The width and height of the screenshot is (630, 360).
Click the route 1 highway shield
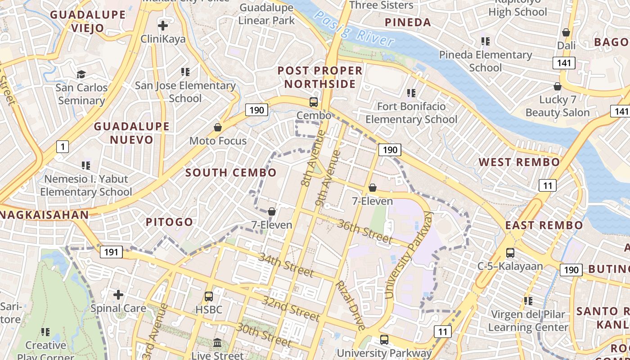point(63,146)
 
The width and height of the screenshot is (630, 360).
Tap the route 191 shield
point(111,252)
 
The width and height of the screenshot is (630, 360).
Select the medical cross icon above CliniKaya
point(163,25)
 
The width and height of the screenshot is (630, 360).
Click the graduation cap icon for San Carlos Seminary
point(81,74)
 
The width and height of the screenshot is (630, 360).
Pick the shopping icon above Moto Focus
point(218,127)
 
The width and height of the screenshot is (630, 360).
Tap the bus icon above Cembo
point(314,102)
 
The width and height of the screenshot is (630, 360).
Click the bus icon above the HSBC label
point(208,297)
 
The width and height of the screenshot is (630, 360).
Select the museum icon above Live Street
point(217,343)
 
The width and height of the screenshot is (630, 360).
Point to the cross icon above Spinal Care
point(118,295)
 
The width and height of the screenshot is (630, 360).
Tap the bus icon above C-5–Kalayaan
point(510,253)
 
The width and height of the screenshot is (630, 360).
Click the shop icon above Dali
point(566,32)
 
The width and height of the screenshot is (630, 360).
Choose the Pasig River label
point(354,28)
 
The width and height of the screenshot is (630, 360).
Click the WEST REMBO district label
point(519,162)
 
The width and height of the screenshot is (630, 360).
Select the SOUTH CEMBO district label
point(231,173)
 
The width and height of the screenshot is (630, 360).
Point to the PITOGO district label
point(169,222)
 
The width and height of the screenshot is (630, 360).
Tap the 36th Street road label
point(364,230)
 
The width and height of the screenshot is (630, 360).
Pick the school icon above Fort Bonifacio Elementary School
point(411,93)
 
